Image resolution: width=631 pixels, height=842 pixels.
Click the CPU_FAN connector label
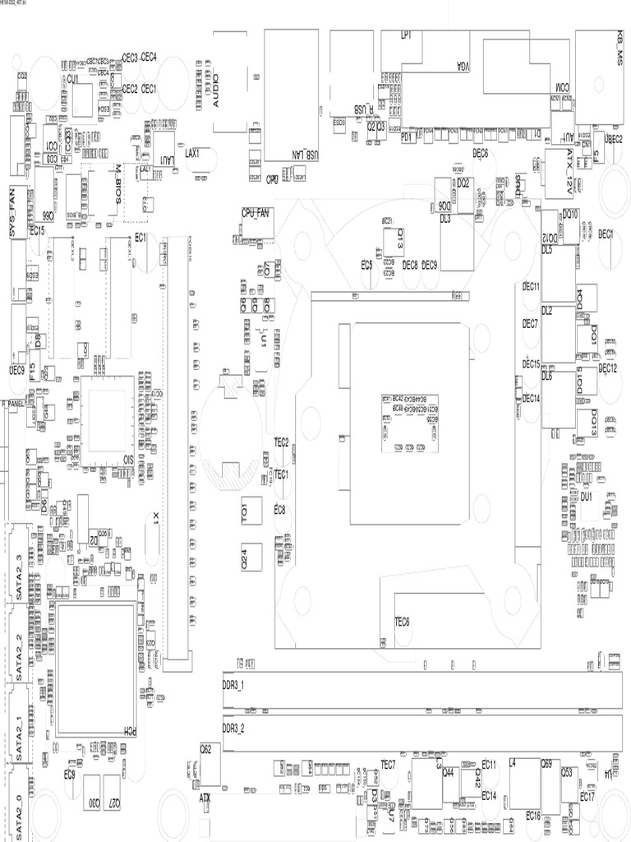coord(256,212)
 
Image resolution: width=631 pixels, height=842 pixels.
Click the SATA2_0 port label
coord(20,809)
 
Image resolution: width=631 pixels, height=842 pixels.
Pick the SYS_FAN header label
coord(12,212)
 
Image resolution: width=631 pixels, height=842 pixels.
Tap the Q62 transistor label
coord(206,748)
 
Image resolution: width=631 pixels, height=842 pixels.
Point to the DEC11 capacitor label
coord(531,286)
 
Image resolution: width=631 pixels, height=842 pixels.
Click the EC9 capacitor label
coord(70,775)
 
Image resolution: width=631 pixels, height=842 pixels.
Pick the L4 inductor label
coord(513,764)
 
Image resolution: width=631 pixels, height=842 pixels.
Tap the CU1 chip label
coord(73,79)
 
